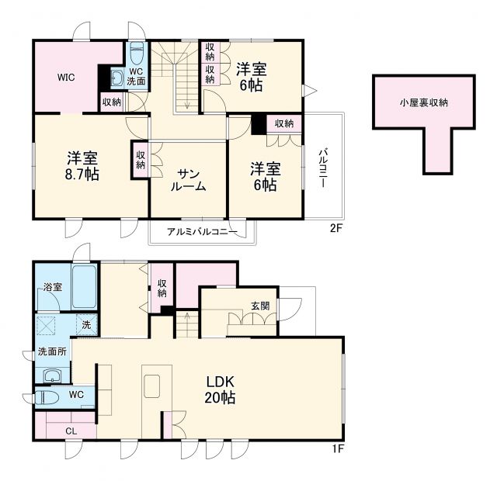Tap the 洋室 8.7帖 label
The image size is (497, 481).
click(x=82, y=164)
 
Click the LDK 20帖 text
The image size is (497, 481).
click(x=221, y=389)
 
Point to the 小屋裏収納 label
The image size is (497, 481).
click(x=423, y=102)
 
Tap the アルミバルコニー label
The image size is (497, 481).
click(x=201, y=232)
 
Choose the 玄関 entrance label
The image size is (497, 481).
click(x=260, y=306)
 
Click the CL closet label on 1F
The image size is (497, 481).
click(x=70, y=431)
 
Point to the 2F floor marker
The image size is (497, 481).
click(x=335, y=229)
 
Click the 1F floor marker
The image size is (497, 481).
click(x=335, y=449)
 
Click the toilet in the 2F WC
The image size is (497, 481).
click(x=137, y=54)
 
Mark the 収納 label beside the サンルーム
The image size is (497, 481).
click(x=141, y=160)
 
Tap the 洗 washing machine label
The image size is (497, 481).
click(x=85, y=324)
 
